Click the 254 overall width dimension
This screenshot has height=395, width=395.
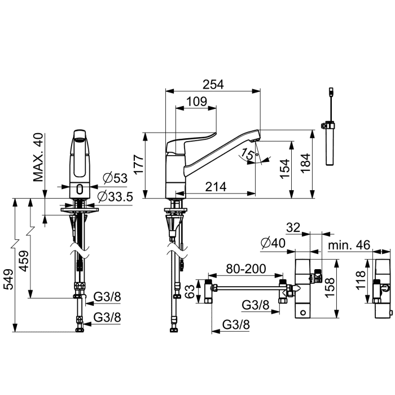click(213, 85)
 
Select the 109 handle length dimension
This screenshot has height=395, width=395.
click(196, 102)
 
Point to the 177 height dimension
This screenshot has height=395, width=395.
click(139, 164)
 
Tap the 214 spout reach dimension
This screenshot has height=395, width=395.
click(216, 187)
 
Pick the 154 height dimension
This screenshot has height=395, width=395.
click(285, 169)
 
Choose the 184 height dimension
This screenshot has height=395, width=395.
click(306, 163)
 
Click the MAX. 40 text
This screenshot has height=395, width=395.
click(38, 157)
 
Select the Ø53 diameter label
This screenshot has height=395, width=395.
click(115, 178)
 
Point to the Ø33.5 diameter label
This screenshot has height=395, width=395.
click(115, 196)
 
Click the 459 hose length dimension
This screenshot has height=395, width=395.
click(25, 261)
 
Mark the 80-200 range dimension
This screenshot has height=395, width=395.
click(245, 269)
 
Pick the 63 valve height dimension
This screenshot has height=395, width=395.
click(191, 292)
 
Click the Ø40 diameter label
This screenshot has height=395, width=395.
click(273, 243)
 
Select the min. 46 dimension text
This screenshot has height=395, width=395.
click(349, 245)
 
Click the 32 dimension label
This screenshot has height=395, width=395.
click(293, 228)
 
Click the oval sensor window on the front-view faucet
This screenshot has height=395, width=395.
click(80, 188)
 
